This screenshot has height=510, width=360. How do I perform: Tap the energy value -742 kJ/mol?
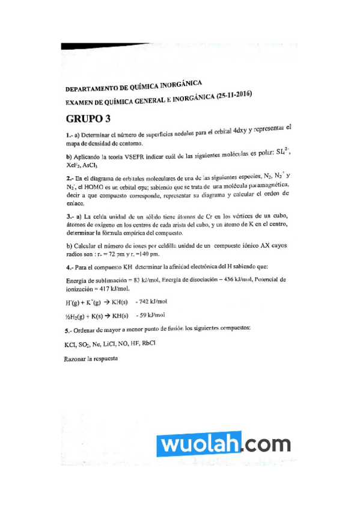[x=151, y=301]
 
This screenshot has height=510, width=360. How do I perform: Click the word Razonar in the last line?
[x=74, y=359]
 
